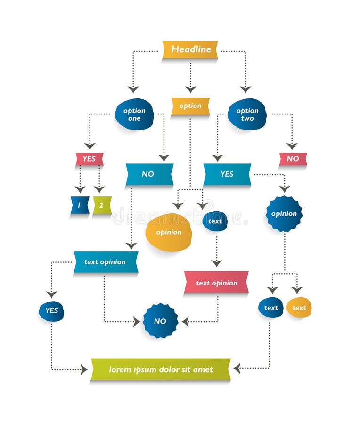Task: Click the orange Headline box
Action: (190, 49)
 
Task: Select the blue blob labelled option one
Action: (134, 114)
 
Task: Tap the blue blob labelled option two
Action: (247, 114)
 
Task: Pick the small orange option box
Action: (190, 106)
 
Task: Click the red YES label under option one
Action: (89, 159)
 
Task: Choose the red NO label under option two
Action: (293, 159)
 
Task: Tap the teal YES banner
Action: (227, 174)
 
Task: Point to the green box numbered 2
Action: (102, 205)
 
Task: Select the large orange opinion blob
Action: (169, 232)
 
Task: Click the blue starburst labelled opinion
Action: (284, 213)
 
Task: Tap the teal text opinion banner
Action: (106, 262)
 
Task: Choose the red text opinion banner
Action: (216, 283)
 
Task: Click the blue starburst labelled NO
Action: (160, 321)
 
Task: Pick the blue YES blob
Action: (51, 311)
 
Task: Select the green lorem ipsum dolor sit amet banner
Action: (161, 369)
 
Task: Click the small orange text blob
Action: (299, 308)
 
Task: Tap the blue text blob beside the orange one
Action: (271, 308)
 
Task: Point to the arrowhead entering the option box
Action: (190, 89)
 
